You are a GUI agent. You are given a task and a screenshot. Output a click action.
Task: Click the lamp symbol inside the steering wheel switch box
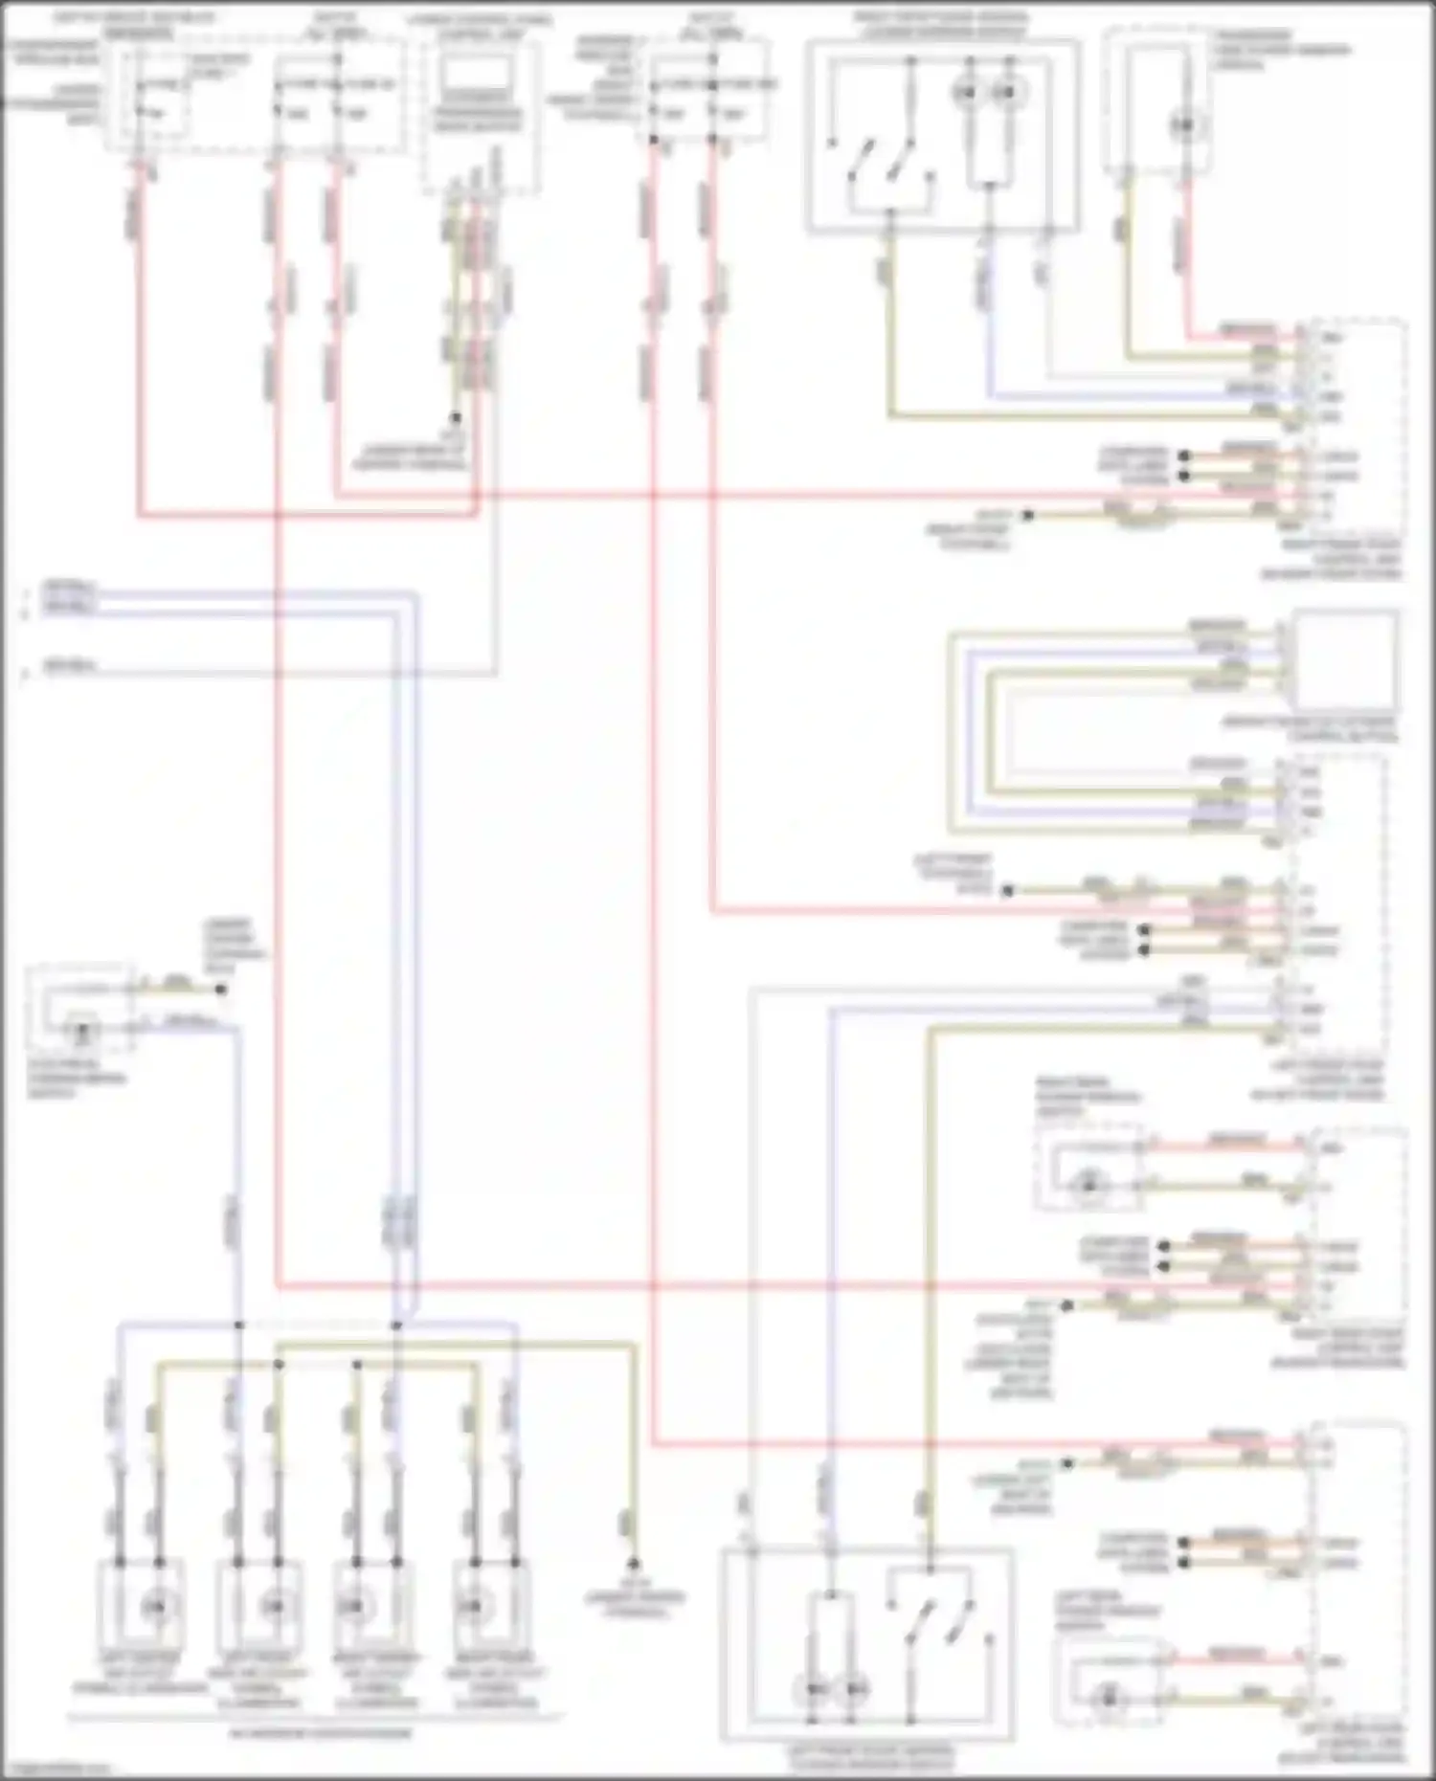point(83,1032)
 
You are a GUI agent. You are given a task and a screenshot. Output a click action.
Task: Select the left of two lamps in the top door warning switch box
point(968,93)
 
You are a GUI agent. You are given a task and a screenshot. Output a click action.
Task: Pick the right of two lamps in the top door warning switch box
point(1002,93)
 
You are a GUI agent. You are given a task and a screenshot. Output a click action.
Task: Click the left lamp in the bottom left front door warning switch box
point(816,1691)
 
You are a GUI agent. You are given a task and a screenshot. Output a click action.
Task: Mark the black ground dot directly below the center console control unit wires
point(457,418)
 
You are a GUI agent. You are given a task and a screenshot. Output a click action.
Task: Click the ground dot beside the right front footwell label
point(1028,515)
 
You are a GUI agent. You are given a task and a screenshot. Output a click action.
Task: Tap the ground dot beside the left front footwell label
point(1007,890)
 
